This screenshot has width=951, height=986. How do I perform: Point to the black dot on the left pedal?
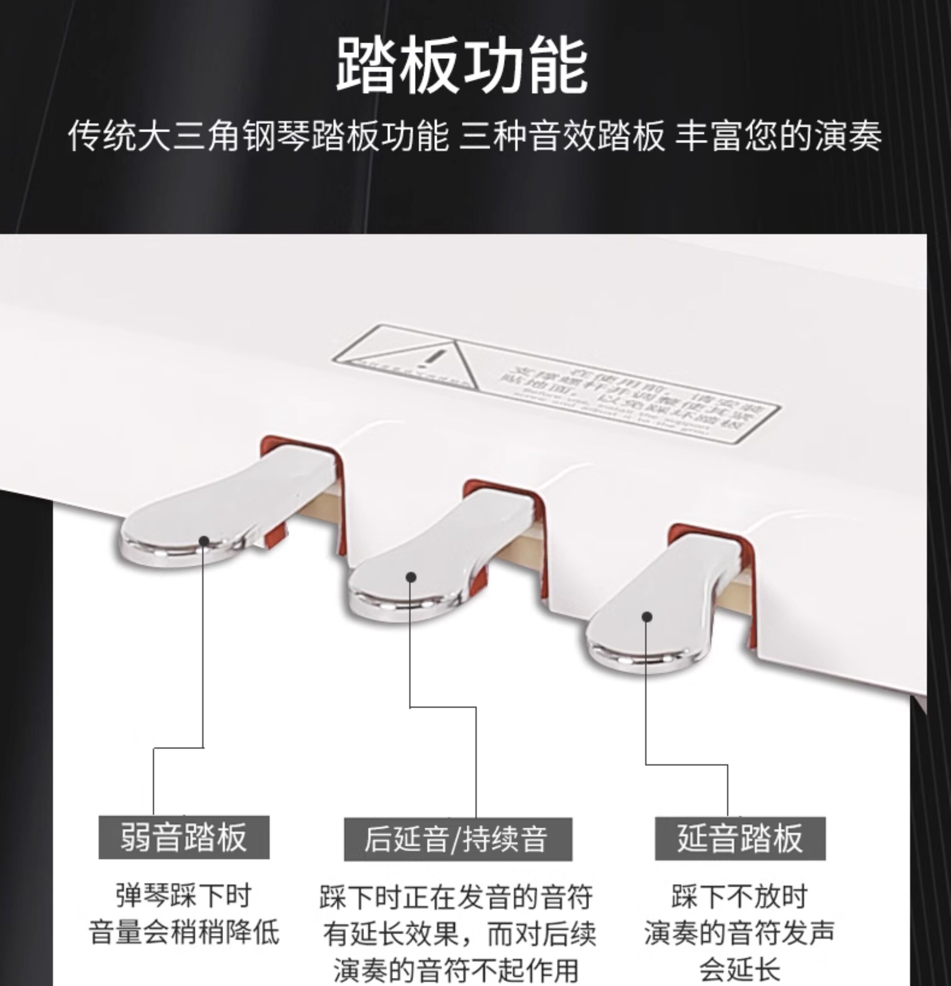coord(204,541)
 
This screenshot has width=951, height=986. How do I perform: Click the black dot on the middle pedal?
coord(411,577)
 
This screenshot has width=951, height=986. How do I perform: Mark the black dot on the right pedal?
coord(648,617)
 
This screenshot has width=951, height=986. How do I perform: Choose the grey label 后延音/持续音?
coord(457,839)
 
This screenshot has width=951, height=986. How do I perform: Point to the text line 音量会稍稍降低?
coord(184,932)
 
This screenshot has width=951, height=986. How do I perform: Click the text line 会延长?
coord(739,968)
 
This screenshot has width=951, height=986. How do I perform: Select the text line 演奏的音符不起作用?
coord(456,970)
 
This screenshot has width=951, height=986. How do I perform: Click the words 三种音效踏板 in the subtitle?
coord(562,136)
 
